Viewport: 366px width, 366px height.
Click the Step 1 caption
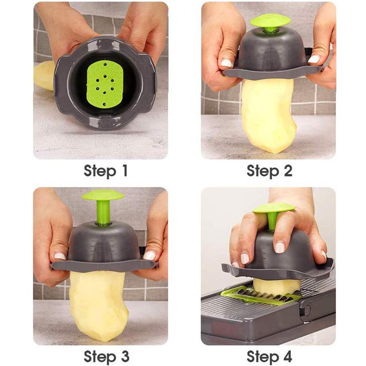[106, 171]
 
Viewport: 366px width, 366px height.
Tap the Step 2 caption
[269, 171]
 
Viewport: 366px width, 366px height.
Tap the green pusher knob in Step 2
[270, 21]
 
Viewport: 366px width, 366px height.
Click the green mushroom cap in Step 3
[102, 195]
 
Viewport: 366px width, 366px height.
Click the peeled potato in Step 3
[98, 305]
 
